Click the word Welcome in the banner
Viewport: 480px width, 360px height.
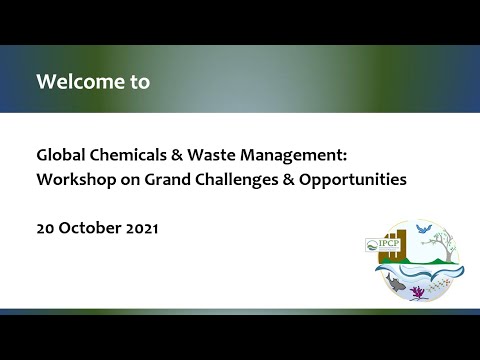click(80, 82)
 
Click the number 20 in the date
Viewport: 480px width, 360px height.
click(46, 227)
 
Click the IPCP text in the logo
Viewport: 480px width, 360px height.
click(383, 243)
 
